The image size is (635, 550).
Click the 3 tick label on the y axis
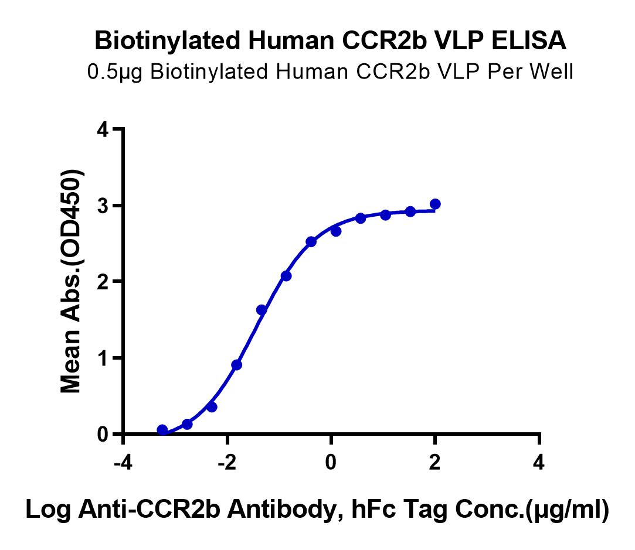pyautogui.click(x=104, y=206)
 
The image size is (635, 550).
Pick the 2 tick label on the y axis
pyautogui.click(x=104, y=282)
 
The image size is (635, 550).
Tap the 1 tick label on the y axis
pyautogui.click(x=104, y=358)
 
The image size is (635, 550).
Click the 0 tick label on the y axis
pyautogui.click(x=104, y=434)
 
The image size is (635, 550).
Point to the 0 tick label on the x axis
pyautogui.click(x=331, y=464)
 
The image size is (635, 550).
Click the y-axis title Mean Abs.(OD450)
pyautogui.click(x=73, y=282)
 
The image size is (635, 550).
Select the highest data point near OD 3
pyautogui.click(x=435, y=204)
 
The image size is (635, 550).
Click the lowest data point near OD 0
pyautogui.click(x=162, y=430)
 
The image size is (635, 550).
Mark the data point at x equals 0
pyautogui.click(x=336, y=231)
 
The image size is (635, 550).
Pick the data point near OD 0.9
pyautogui.click(x=237, y=365)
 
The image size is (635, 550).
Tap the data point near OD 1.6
pyautogui.click(x=262, y=310)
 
